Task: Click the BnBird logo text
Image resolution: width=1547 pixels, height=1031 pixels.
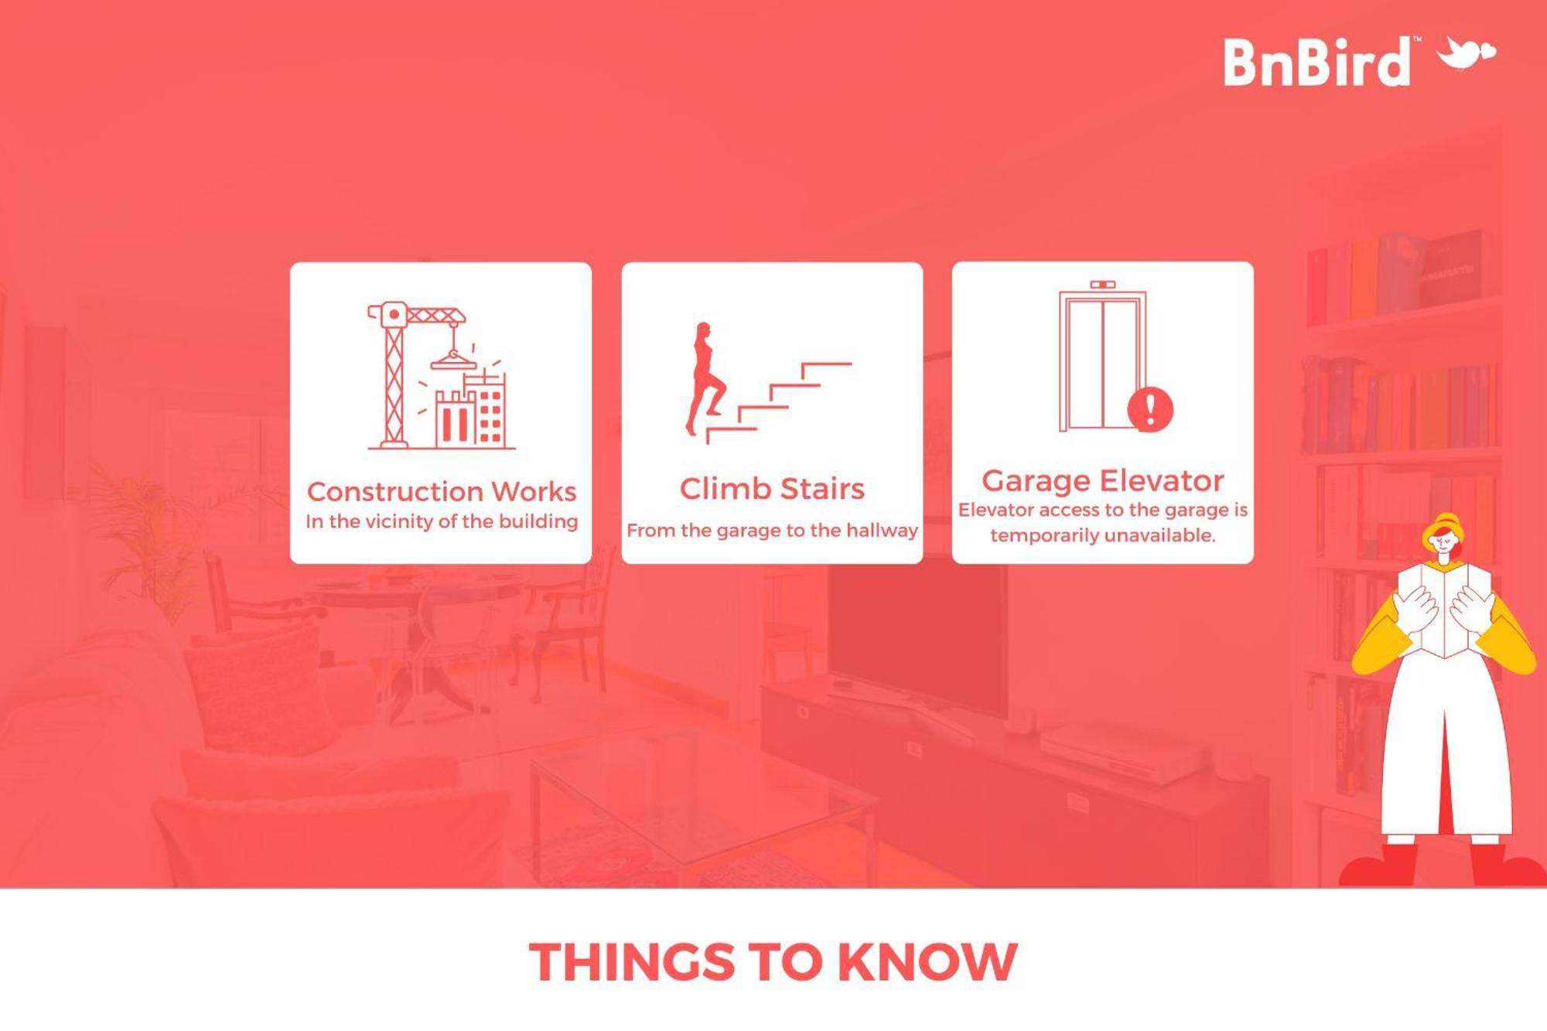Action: (1316, 61)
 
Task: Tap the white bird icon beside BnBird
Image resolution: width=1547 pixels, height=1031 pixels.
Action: (1465, 53)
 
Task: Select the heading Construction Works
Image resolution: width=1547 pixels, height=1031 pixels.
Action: (442, 492)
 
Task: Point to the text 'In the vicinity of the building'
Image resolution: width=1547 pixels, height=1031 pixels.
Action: (442, 521)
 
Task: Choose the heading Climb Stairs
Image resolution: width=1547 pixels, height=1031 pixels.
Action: (772, 489)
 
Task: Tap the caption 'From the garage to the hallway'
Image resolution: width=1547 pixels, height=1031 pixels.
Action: (772, 531)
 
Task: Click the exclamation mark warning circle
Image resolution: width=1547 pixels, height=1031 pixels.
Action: (1149, 409)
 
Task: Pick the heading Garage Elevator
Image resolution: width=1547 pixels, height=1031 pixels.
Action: (1103, 481)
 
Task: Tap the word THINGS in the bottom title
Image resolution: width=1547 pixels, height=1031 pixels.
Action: (631, 962)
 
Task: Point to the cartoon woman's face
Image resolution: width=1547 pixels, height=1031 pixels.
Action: (1443, 541)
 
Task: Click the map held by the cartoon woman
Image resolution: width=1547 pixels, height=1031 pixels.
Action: (1444, 611)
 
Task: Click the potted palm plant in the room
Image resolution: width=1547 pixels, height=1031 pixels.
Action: (147, 534)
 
